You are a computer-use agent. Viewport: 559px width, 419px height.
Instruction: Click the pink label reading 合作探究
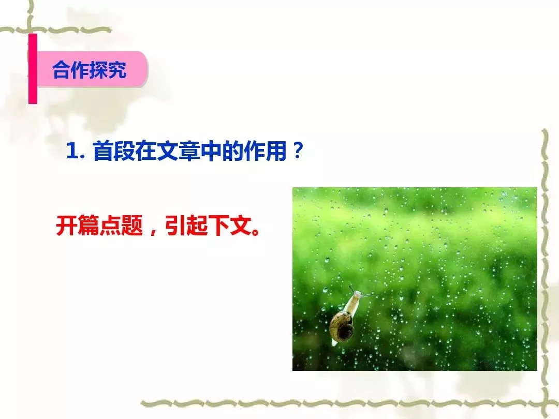[92, 69]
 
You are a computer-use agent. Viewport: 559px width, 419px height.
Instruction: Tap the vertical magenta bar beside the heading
[33, 69]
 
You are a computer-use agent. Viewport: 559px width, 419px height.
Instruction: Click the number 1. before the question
[75, 151]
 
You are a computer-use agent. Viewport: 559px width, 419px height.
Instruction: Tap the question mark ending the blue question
[297, 151]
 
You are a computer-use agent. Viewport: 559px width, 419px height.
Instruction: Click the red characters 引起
[186, 226]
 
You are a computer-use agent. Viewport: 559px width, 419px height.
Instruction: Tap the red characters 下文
[230, 226]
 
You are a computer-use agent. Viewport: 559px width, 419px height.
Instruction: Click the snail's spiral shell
[342, 326]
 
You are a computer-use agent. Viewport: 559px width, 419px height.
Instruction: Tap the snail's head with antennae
[359, 293]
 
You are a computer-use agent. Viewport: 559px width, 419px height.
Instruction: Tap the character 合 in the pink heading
[61, 69]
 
